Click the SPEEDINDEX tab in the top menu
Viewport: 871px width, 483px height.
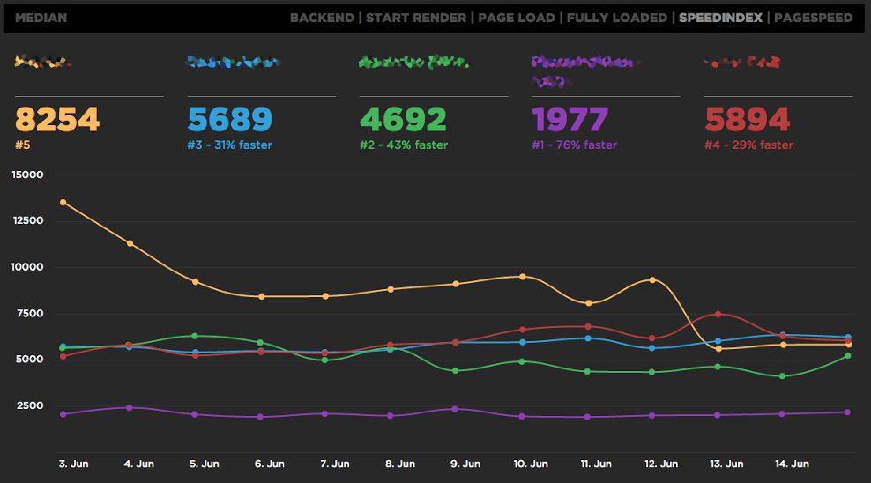tap(720, 18)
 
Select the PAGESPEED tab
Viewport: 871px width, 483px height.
tap(813, 18)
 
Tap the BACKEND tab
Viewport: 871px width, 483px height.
tap(321, 18)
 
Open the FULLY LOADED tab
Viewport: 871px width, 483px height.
tap(616, 18)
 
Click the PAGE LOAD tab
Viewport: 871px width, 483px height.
tap(517, 18)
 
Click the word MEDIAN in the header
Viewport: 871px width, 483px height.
tap(41, 18)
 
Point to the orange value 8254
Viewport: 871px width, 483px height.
tap(58, 120)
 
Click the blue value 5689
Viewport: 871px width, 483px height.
tap(230, 120)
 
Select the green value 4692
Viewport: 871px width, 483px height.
tap(403, 120)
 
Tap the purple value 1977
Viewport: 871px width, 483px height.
tap(570, 120)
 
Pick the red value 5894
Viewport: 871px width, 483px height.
tap(748, 120)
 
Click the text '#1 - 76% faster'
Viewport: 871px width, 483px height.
tap(575, 145)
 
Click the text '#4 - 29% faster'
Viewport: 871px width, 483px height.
tap(748, 145)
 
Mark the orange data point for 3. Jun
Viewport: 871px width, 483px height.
tap(63, 202)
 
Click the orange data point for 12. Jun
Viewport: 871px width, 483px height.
tap(652, 280)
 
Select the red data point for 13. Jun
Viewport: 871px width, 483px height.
tap(718, 314)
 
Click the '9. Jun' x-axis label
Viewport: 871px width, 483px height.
tap(465, 464)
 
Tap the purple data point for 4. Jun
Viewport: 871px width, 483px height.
tap(129, 407)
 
